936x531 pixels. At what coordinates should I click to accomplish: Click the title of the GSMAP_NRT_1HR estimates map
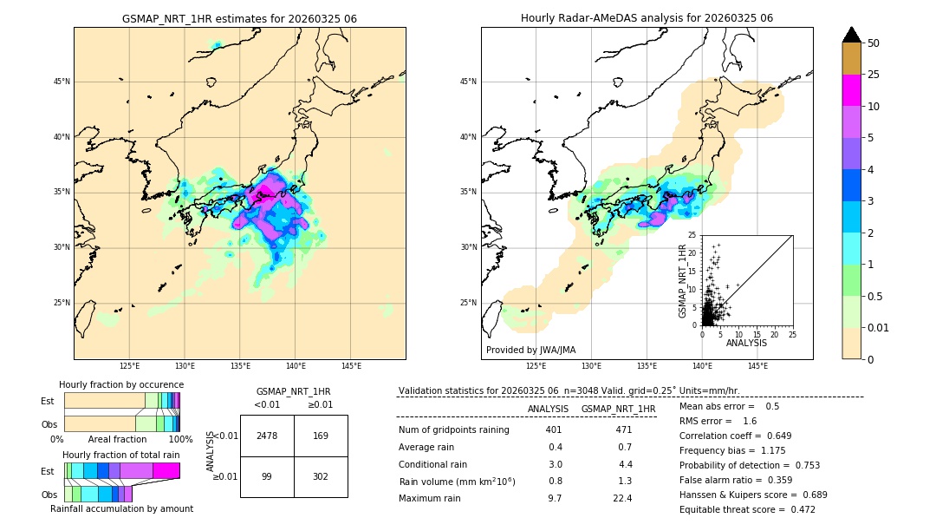pyautogui.click(x=239, y=18)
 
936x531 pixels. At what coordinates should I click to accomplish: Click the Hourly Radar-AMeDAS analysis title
pyautogui.click(x=647, y=18)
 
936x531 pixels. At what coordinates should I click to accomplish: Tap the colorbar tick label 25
pyautogui.click(x=874, y=75)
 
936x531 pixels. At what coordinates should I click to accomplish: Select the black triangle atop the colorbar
pyautogui.click(x=852, y=35)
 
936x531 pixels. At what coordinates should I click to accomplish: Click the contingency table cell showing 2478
pyautogui.click(x=267, y=436)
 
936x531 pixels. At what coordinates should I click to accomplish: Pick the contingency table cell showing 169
pyautogui.click(x=321, y=436)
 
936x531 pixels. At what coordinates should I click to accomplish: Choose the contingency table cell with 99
pyautogui.click(x=267, y=476)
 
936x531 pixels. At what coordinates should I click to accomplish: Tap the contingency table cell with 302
pyautogui.click(x=321, y=476)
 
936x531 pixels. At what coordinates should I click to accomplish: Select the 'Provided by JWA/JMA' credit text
pyautogui.click(x=530, y=350)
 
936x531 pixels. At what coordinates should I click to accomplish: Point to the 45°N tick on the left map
pyautogui.click(x=62, y=82)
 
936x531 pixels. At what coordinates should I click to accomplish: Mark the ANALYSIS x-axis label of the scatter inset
pyautogui.click(x=746, y=343)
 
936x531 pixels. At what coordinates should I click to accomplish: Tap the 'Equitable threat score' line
pyautogui.click(x=747, y=509)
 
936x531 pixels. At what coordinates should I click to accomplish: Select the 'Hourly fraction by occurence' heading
pyautogui.click(x=121, y=384)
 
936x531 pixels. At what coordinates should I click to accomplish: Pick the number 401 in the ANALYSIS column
pyautogui.click(x=554, y=429)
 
